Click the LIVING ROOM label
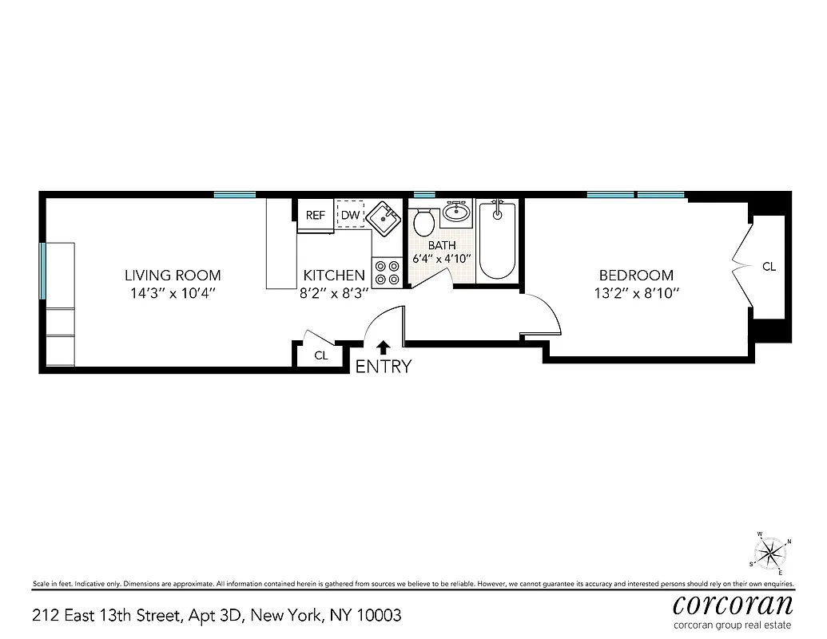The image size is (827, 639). pos(173,276)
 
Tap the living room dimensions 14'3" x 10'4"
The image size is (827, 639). pos(173,293)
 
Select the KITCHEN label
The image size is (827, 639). pos(334,276)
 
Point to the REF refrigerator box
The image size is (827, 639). pos(316,215)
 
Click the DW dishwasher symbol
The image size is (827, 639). pos(350,215)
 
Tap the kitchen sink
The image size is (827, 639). pos(386,215)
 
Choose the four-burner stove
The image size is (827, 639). pos(388,272)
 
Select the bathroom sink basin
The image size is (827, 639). pos(456,212)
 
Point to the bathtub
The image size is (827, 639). pos(498,239)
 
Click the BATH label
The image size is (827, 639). pos(442,245)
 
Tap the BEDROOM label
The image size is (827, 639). pos(636,276)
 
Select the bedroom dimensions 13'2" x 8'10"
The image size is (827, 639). pos(636,293)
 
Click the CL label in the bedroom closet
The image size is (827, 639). pos(769,267)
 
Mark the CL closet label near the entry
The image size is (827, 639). pos(321,355)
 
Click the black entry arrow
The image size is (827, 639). pos(384,347)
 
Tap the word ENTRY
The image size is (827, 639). pos(384,367)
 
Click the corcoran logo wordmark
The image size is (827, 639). pos(733,603)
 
